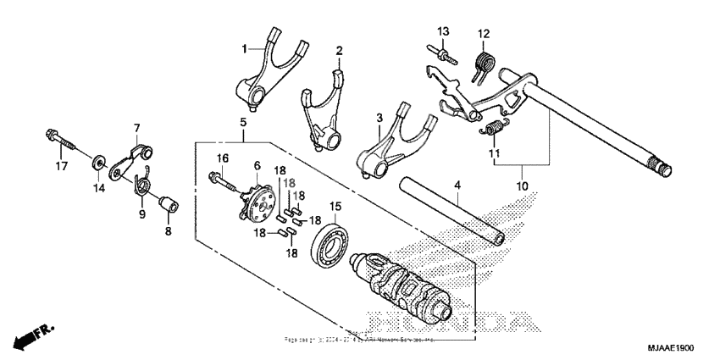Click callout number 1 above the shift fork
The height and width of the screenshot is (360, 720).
244,49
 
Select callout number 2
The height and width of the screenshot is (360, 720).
339,51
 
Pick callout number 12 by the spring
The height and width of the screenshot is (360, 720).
484,34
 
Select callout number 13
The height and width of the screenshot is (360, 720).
442,31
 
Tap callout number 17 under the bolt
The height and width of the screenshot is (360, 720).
60,166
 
